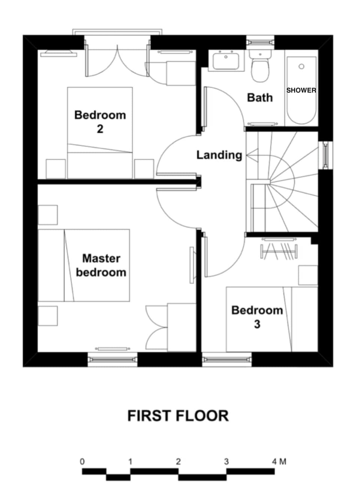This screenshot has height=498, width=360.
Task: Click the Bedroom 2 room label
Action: point(100,121)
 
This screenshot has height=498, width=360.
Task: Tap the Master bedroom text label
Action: point(101,265)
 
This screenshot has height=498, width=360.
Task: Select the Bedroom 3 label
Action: point(257,317)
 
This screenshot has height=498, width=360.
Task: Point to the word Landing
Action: point(219,155)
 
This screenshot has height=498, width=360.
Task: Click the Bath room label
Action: point(259,97)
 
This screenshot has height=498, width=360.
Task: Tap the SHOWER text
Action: point(301,90)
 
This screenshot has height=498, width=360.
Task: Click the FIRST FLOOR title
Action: point(178,416)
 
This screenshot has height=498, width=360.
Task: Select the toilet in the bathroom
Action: point(260,68)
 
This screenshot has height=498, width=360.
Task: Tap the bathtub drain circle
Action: point(301,67)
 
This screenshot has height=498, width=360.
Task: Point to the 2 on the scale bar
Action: point(178,462)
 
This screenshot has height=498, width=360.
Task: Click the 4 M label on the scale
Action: point(279,462)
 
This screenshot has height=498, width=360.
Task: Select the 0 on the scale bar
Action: point(82,462)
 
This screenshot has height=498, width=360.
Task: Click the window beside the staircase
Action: point(325,155)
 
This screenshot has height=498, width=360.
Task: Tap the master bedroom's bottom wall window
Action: point(112,359)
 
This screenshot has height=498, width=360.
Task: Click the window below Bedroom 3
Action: point(227,359)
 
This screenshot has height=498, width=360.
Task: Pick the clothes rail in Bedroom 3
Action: point(279,252)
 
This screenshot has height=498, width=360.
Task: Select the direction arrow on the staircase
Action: point(252,155)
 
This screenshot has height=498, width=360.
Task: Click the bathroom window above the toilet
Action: point(260,41)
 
